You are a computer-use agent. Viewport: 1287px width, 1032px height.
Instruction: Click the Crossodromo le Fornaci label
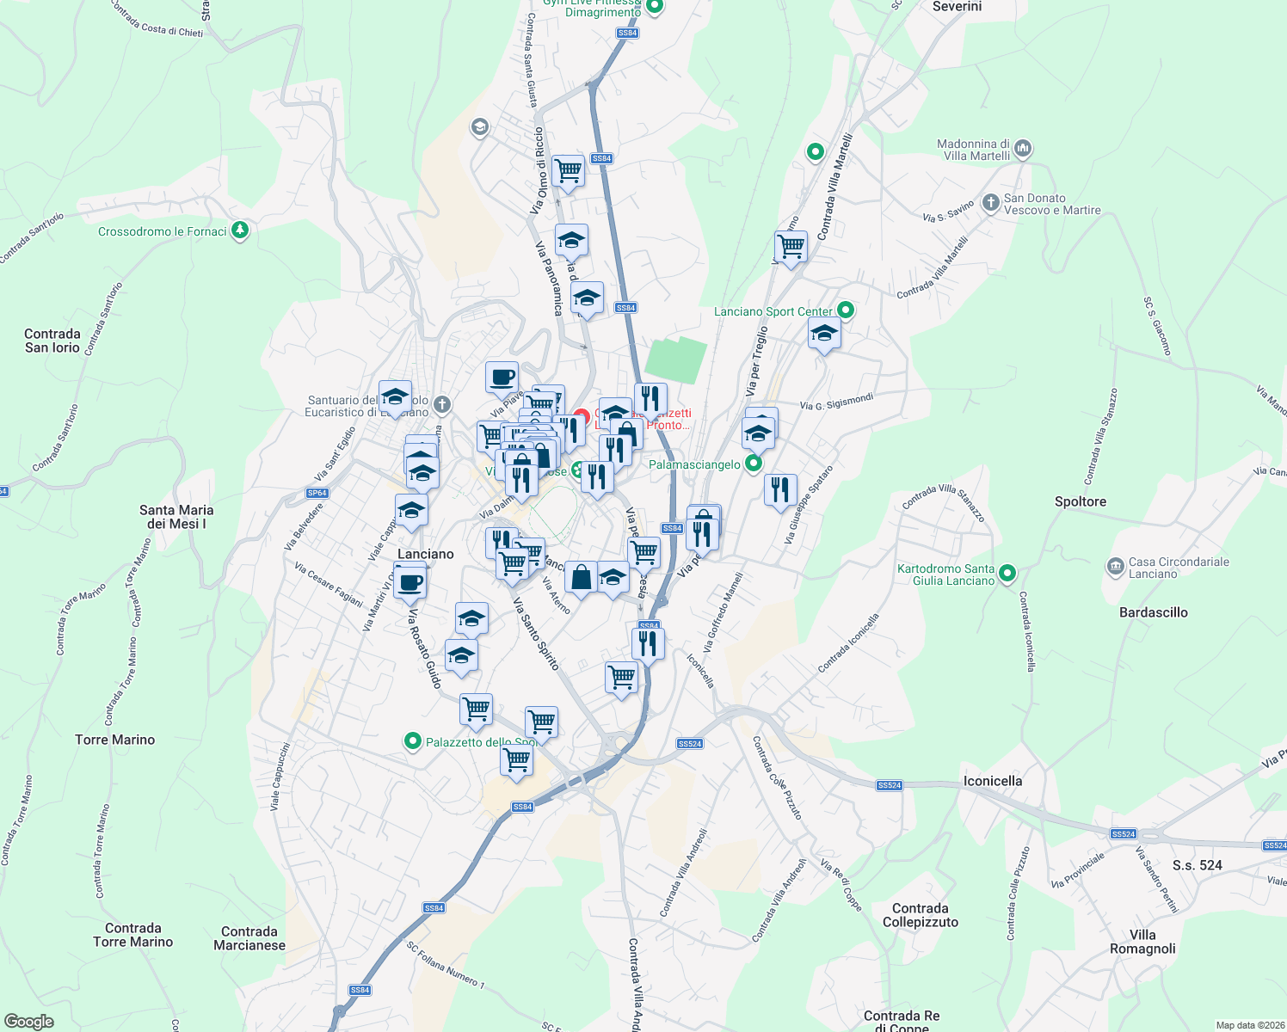click(x=162, y=231)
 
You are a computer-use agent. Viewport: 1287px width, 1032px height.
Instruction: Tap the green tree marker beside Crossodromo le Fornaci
click(x=241, y=230)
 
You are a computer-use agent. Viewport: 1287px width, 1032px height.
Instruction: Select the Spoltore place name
click(x=1081, y=501)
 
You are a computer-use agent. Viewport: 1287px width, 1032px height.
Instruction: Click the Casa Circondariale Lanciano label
click(x=1179, y=568)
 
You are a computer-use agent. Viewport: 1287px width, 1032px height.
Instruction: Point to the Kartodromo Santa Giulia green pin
click(x=1008, y=573)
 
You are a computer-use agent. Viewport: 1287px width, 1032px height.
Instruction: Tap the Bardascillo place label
click(x=1154, y=612)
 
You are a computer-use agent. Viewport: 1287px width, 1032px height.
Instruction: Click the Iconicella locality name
click(x=993, y=781)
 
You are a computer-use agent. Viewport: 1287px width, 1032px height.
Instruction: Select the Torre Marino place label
click(x=115, y=740)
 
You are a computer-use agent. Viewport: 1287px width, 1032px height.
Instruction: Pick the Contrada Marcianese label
click(x=249, y=938)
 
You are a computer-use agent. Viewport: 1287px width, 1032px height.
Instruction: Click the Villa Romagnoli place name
click(x=1142, y=942)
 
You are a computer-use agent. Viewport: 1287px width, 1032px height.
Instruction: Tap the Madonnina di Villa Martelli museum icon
click(x=1023, y=149)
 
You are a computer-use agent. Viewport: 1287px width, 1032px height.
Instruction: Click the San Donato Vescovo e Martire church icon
click(x=990, y=204)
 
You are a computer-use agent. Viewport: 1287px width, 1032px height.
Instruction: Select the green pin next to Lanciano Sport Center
click(x=846, y=310)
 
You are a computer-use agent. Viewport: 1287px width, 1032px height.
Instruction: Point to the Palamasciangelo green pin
click(x=754, y=464)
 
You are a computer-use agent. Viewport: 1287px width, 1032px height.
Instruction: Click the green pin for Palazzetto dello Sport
click(x=413, y=741)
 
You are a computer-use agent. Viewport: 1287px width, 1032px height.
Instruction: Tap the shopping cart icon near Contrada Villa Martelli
click(x=791, y=247)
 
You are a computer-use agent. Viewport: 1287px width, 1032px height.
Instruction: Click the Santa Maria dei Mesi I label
click(x=176, y=517)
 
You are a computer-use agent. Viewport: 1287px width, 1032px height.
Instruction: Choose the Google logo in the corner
click(x=29, y=1021)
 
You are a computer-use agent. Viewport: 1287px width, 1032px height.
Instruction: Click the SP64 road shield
click(x=317, y=493)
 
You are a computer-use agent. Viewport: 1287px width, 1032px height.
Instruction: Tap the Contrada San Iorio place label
click(x=52, y=341)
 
